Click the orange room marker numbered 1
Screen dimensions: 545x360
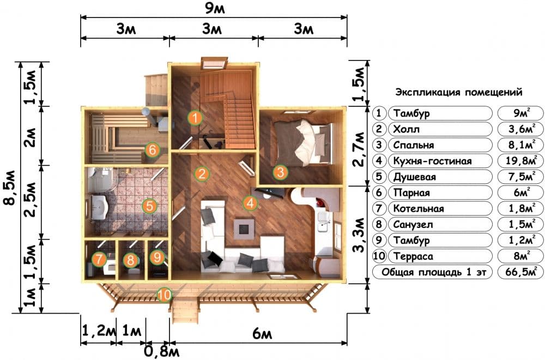point(195,118)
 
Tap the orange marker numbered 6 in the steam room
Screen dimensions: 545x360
point(152,150)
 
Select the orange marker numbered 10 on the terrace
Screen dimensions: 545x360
point(164,295)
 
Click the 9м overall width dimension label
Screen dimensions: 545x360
point(214,8)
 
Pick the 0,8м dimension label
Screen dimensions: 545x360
point(162,351)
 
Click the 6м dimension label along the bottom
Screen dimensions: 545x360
point(262,334)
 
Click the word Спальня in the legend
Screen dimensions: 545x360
point(413,145)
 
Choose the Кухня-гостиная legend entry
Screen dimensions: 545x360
point(432,161)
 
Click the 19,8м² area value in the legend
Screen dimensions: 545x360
point(521,161)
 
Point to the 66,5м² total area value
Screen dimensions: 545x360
point(521,272)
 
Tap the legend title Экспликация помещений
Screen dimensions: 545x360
point(459,92)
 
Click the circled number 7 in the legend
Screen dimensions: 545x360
point(379,208)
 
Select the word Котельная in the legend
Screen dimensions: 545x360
point(419,208)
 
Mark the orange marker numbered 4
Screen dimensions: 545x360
point(250,203)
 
